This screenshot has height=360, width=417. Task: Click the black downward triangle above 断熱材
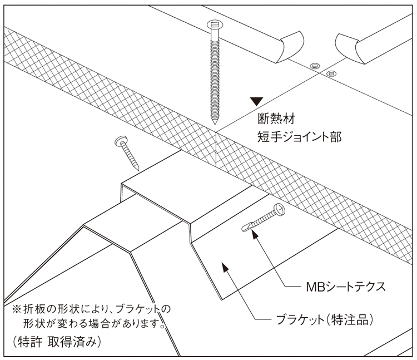255,101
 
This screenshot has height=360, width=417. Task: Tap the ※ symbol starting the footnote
15,308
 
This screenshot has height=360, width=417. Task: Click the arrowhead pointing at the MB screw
255,235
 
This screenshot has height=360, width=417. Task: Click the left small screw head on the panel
314,65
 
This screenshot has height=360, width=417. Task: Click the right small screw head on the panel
332,73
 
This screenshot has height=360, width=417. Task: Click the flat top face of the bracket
183,178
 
